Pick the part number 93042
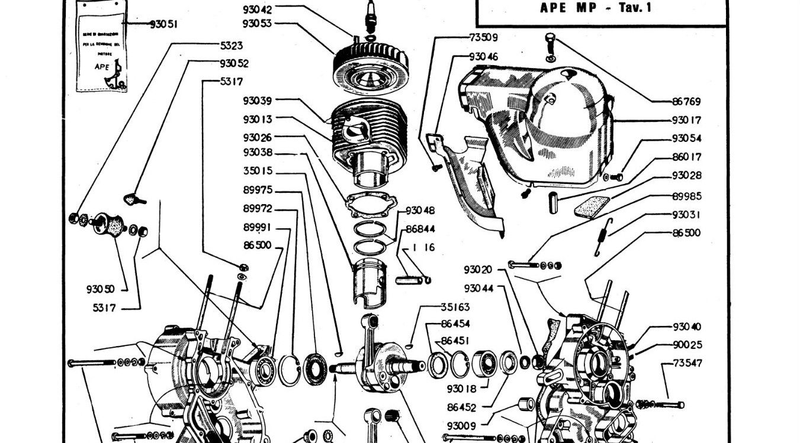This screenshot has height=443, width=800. pos(258,9)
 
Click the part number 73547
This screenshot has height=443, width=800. pos(687,363)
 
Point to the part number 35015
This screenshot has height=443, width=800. pos(258,171)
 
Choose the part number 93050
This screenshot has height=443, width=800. pos(100,289)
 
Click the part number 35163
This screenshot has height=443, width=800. pos(455,307)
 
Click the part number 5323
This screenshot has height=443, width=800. pos(231,46)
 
